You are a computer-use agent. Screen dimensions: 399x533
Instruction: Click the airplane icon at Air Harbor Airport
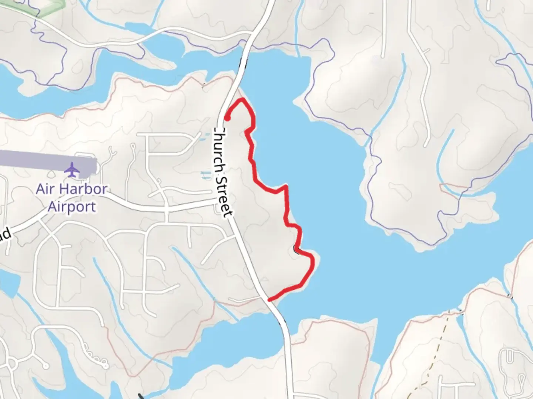pos(72,170)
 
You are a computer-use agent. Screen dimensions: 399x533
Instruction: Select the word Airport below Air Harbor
pos(72,207)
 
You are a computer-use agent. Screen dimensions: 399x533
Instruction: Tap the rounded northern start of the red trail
pos(228,118)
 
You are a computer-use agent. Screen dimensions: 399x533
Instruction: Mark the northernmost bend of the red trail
pos(242,99)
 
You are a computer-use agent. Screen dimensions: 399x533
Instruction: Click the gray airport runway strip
pos(44,163)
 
